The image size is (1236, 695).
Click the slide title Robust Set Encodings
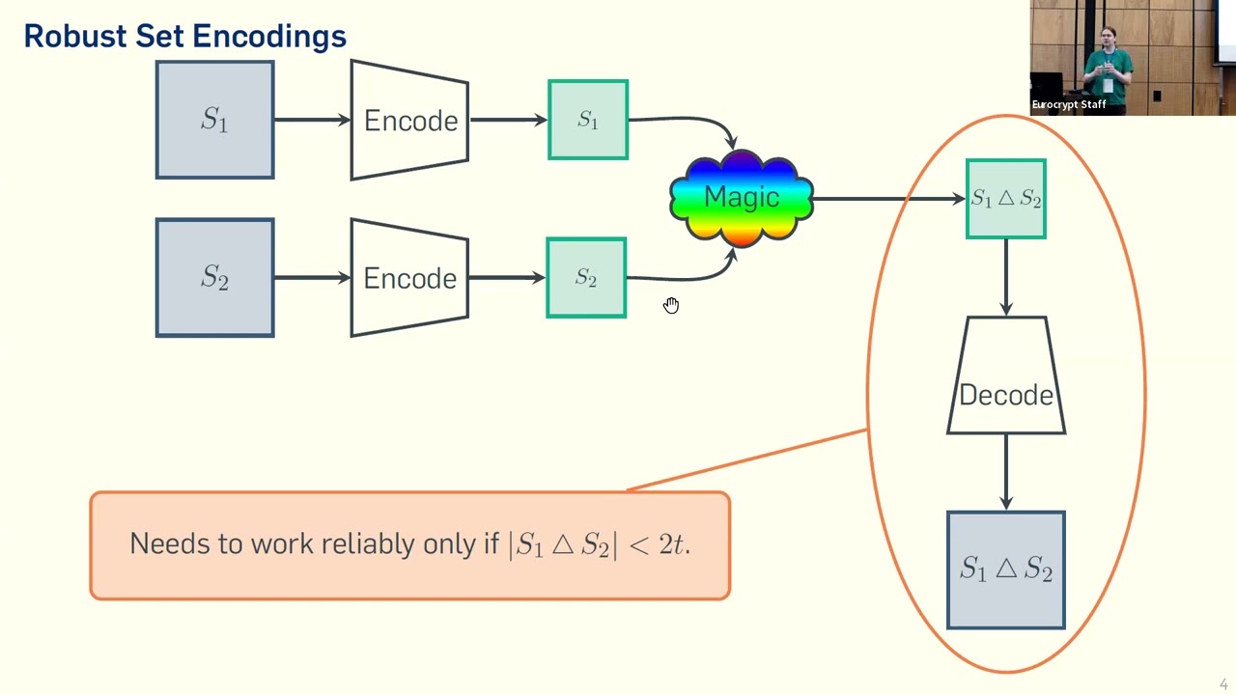click(184, 36)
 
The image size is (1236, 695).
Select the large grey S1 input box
click(214, 120)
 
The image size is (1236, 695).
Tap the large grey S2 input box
click(214, 278)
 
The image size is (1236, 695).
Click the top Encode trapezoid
click(409, 121)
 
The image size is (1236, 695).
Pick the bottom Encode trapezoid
click(409, 278)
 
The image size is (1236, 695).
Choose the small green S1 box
click(588, 120)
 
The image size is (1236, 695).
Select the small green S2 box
click(586, 278)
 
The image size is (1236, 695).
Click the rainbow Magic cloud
click(742, 198)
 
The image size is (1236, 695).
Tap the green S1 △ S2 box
click(1006, 199)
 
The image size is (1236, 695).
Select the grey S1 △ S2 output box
click(1006, 570)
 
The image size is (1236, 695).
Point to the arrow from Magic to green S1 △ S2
click(888, 199)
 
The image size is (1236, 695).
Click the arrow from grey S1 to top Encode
click(312, 120)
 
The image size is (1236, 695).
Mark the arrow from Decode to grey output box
click(1006, 472)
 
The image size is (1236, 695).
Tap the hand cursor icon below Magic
click(671, 305)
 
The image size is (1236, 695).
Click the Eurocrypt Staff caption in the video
click(1069, 105)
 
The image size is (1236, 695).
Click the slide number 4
click(1223, 684)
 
